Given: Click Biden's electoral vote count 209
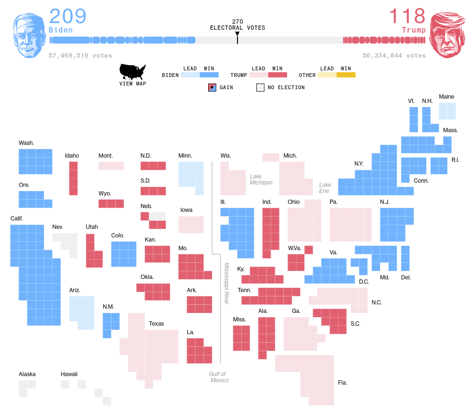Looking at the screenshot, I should tap(68, 17).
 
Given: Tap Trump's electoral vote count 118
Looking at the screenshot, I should tap(407, 17).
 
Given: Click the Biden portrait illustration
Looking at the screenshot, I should tap(29, 35).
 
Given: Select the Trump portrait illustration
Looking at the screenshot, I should tap(446, 35).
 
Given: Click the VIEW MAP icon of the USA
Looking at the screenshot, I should tap(133, 72).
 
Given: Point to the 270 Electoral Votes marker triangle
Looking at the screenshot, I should tap(237, 34).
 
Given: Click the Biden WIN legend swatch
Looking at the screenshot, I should tap(209, 75).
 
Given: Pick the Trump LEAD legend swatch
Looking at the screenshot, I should tap(258, 75).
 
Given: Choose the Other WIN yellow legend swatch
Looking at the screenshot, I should tap(346, 75).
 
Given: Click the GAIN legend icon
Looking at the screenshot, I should tap(212, 87).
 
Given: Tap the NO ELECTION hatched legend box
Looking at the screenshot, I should tap(260, 87).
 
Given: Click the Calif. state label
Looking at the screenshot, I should tap(17, 219).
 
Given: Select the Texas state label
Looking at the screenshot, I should tap(156, 324).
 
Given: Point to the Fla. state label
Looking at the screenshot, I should tap(342, 383).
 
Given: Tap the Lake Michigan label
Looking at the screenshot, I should tap(261, 179).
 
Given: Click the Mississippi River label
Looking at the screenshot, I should tap(227, 283).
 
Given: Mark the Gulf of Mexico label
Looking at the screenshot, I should tap(219, 377).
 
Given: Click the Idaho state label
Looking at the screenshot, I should tap(72, 156).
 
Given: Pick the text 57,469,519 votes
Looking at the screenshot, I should tap(80, 56).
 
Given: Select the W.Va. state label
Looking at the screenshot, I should tap(295, 248).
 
